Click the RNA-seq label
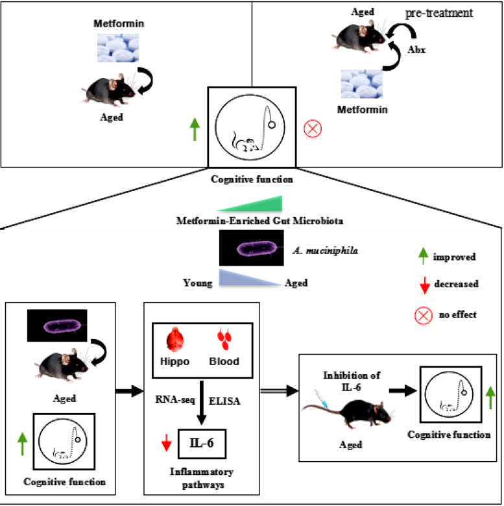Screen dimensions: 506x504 173,401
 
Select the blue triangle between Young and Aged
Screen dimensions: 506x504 249,279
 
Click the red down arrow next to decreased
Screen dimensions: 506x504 423,285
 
